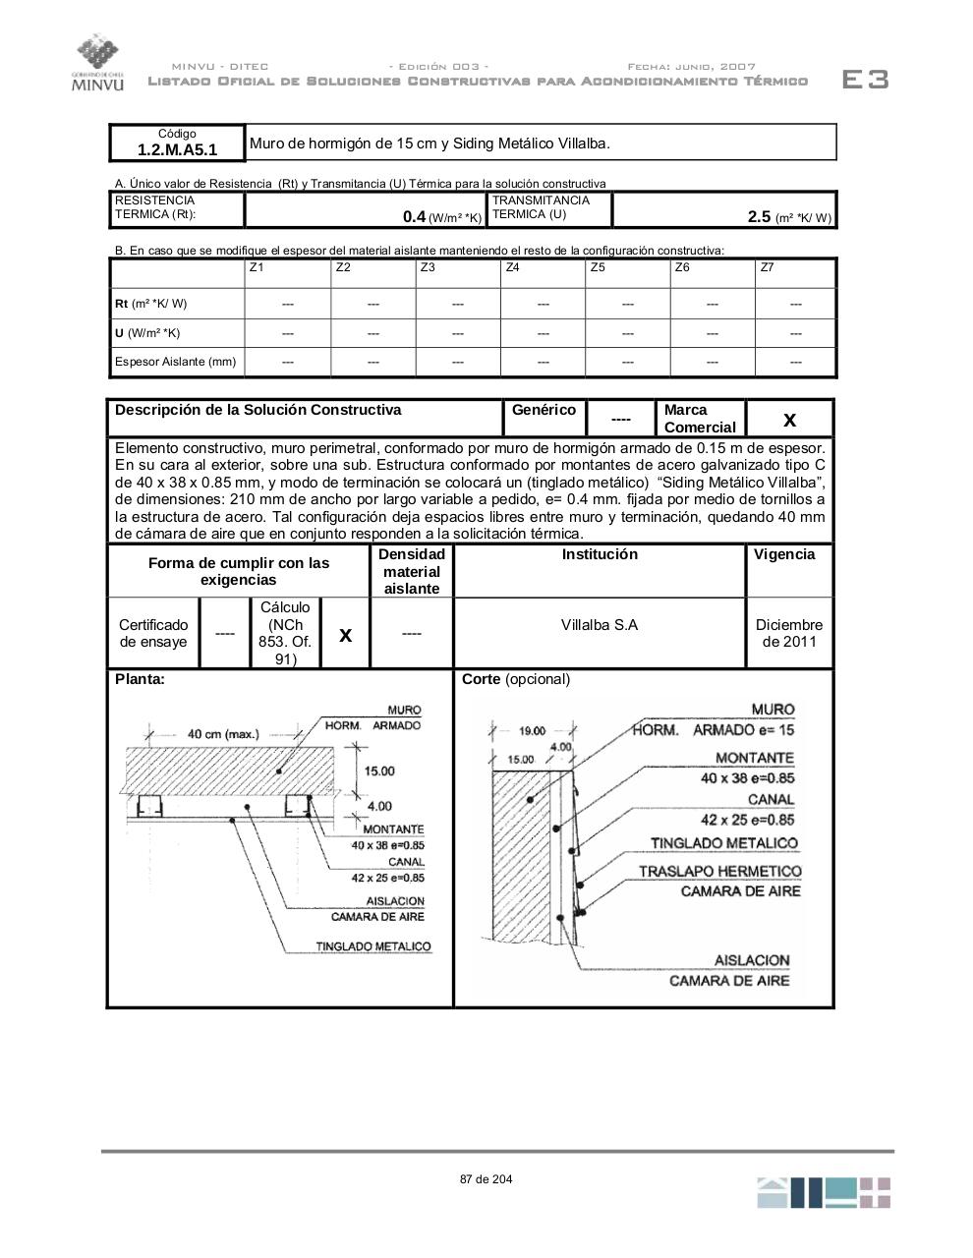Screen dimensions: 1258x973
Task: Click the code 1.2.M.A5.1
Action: (x=177, y=150)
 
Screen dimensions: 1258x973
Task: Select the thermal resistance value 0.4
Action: (x=414, y=216)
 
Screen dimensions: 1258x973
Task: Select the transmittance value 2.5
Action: (x=759, y=216)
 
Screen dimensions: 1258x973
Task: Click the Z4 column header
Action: (x=512, y=267)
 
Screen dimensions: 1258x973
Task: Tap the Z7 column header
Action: (x=767, y=267)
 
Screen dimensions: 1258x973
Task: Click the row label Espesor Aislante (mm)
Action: (x=175, y=362)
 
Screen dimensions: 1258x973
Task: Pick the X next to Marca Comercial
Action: (x=789, y=421)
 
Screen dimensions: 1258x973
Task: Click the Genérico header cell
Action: (x=544, y=410)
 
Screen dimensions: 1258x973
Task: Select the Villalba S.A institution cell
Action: (x=599, y=625)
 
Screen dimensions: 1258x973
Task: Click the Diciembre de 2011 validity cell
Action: (x=789, y=633)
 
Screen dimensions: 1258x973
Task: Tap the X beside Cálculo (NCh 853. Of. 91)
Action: (x=345, y=635)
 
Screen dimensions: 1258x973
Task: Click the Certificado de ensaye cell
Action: (x=153, y=633)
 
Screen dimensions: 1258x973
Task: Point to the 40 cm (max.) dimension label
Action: (x=223, y=733)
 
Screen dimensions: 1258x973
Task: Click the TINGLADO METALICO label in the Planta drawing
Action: (x=372, y=946)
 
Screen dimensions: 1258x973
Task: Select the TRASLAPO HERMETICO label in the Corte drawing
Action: (x=719, y=872)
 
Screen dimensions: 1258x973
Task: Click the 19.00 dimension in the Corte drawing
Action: (x=532, y=730)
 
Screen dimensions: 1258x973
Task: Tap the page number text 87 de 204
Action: (x=486, y=1179)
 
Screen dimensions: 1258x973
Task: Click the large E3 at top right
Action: (x=865, y=80)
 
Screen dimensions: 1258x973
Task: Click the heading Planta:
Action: (x=140, y=679)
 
